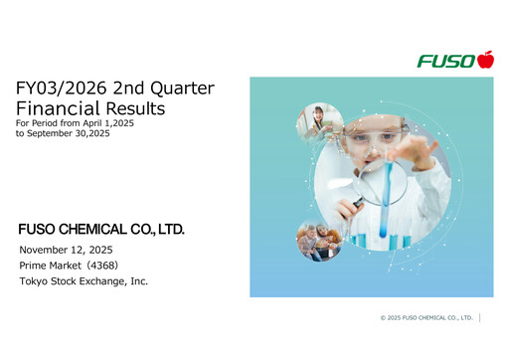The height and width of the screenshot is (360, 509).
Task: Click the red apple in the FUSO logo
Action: tap(485, 60)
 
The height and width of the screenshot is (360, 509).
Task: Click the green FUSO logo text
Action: tap(446, 62)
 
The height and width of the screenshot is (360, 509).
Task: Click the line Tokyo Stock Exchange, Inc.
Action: tap(84, 281)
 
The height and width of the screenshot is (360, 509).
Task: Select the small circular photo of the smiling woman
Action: tap(319, 124)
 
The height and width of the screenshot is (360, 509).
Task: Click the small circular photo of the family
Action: tap(320, 240)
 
